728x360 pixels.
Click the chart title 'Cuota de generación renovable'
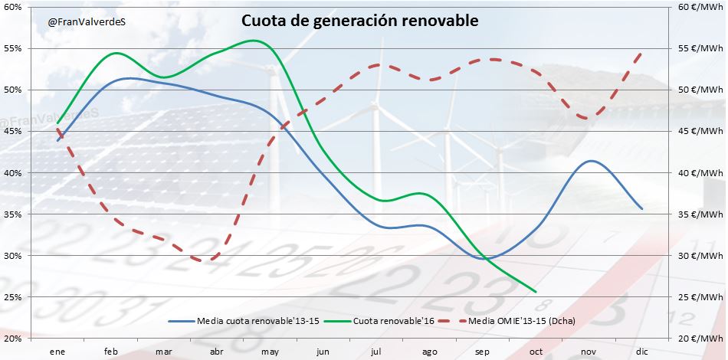pos(360,21)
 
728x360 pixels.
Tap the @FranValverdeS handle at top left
pos(87,22)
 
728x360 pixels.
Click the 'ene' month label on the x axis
pos(57,350)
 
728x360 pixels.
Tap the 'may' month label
pos(270,350)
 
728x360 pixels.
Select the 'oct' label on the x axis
pos(536,350)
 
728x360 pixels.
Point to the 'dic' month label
pos(642,350)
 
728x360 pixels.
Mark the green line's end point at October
pos(535,291)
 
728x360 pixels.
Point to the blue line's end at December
pos(641,208)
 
